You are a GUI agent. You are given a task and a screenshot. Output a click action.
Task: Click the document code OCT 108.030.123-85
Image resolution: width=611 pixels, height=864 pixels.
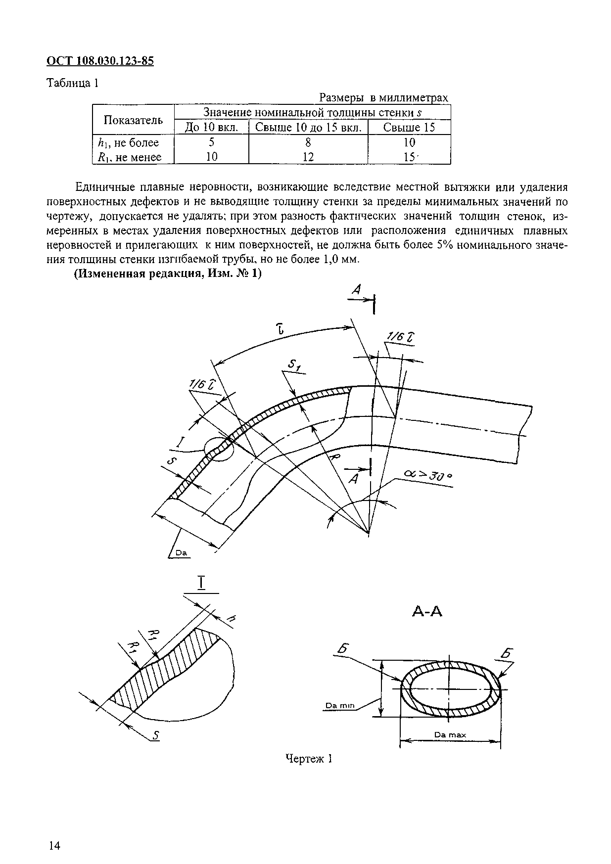(x=100, y=61)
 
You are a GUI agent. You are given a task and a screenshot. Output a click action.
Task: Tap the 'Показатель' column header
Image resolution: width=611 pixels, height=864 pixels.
(x=133, y=120)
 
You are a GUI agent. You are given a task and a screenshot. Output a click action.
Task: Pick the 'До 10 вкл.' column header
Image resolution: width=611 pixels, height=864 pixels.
(x=211, y=128)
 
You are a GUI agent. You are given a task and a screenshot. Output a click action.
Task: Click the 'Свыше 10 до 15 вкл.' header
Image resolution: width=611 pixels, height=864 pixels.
(x=308, y=128)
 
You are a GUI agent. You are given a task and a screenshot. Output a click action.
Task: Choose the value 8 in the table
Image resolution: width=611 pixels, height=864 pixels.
(x=308, y=142)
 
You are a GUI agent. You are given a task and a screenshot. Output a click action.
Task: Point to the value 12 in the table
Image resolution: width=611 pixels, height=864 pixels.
(x=308, y=157)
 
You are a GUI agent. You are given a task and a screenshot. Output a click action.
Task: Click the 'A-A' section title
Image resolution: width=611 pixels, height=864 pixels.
(x=427, y=612)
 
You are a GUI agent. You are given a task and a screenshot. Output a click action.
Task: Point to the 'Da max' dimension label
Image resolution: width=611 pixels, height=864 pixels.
(x=450, y=735)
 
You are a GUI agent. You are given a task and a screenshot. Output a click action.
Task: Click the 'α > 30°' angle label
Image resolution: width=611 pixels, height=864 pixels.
(x=428, y=475)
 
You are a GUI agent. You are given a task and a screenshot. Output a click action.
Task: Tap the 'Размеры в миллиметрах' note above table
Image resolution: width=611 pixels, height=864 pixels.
(x=383, y=97)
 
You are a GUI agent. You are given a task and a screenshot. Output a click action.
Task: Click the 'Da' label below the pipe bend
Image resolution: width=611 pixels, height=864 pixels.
(x=181, y=553)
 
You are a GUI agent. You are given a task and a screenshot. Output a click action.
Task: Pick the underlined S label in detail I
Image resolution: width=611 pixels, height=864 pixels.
(x=156, y=736)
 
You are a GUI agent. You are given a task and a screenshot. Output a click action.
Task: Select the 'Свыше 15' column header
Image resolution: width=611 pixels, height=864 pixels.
(x=409, y=128)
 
